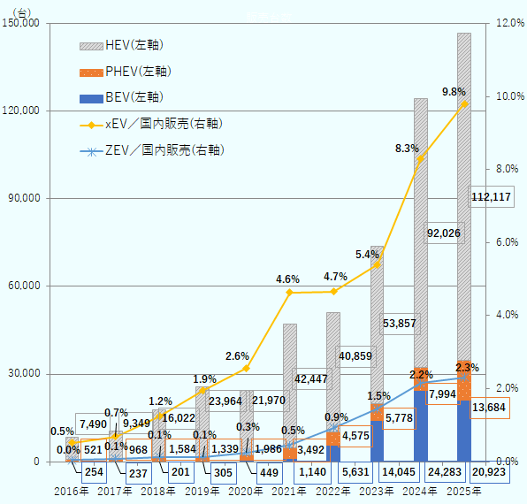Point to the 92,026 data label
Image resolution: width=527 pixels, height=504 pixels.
(x=446, y=233)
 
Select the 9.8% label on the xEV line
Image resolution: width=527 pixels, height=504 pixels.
(x=454, y=91)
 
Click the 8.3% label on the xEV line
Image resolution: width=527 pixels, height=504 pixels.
(x=407, y=149)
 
